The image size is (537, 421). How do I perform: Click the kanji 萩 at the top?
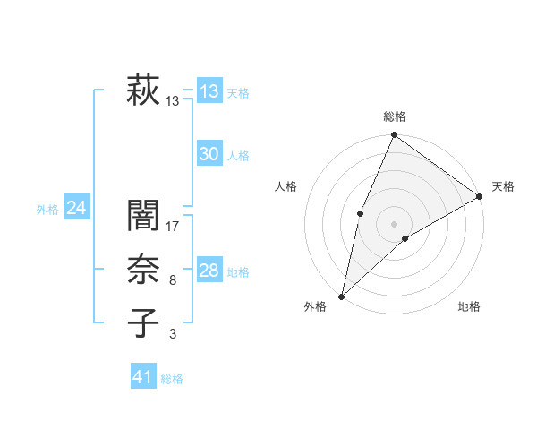143,90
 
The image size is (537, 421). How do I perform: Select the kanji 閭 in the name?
143,216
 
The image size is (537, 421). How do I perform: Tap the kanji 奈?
143,270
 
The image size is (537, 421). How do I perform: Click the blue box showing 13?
209,90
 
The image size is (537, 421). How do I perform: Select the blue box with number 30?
209,154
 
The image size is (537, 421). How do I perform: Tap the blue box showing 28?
209,271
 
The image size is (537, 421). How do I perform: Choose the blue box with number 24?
76,208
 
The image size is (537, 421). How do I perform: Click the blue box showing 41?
143,377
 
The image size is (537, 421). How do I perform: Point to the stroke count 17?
173,227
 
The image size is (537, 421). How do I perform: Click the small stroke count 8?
172,280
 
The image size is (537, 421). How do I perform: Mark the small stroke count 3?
172,334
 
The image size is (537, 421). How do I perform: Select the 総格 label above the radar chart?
394,116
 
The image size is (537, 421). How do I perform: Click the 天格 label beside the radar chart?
503,186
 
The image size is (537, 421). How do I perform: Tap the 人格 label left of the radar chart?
286,186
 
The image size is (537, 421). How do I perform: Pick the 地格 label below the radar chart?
469,306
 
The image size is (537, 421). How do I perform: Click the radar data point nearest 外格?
341,296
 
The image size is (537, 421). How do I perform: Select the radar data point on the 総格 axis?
394,135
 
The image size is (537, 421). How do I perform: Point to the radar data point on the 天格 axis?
479,196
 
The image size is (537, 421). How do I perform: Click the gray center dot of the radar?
394,223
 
